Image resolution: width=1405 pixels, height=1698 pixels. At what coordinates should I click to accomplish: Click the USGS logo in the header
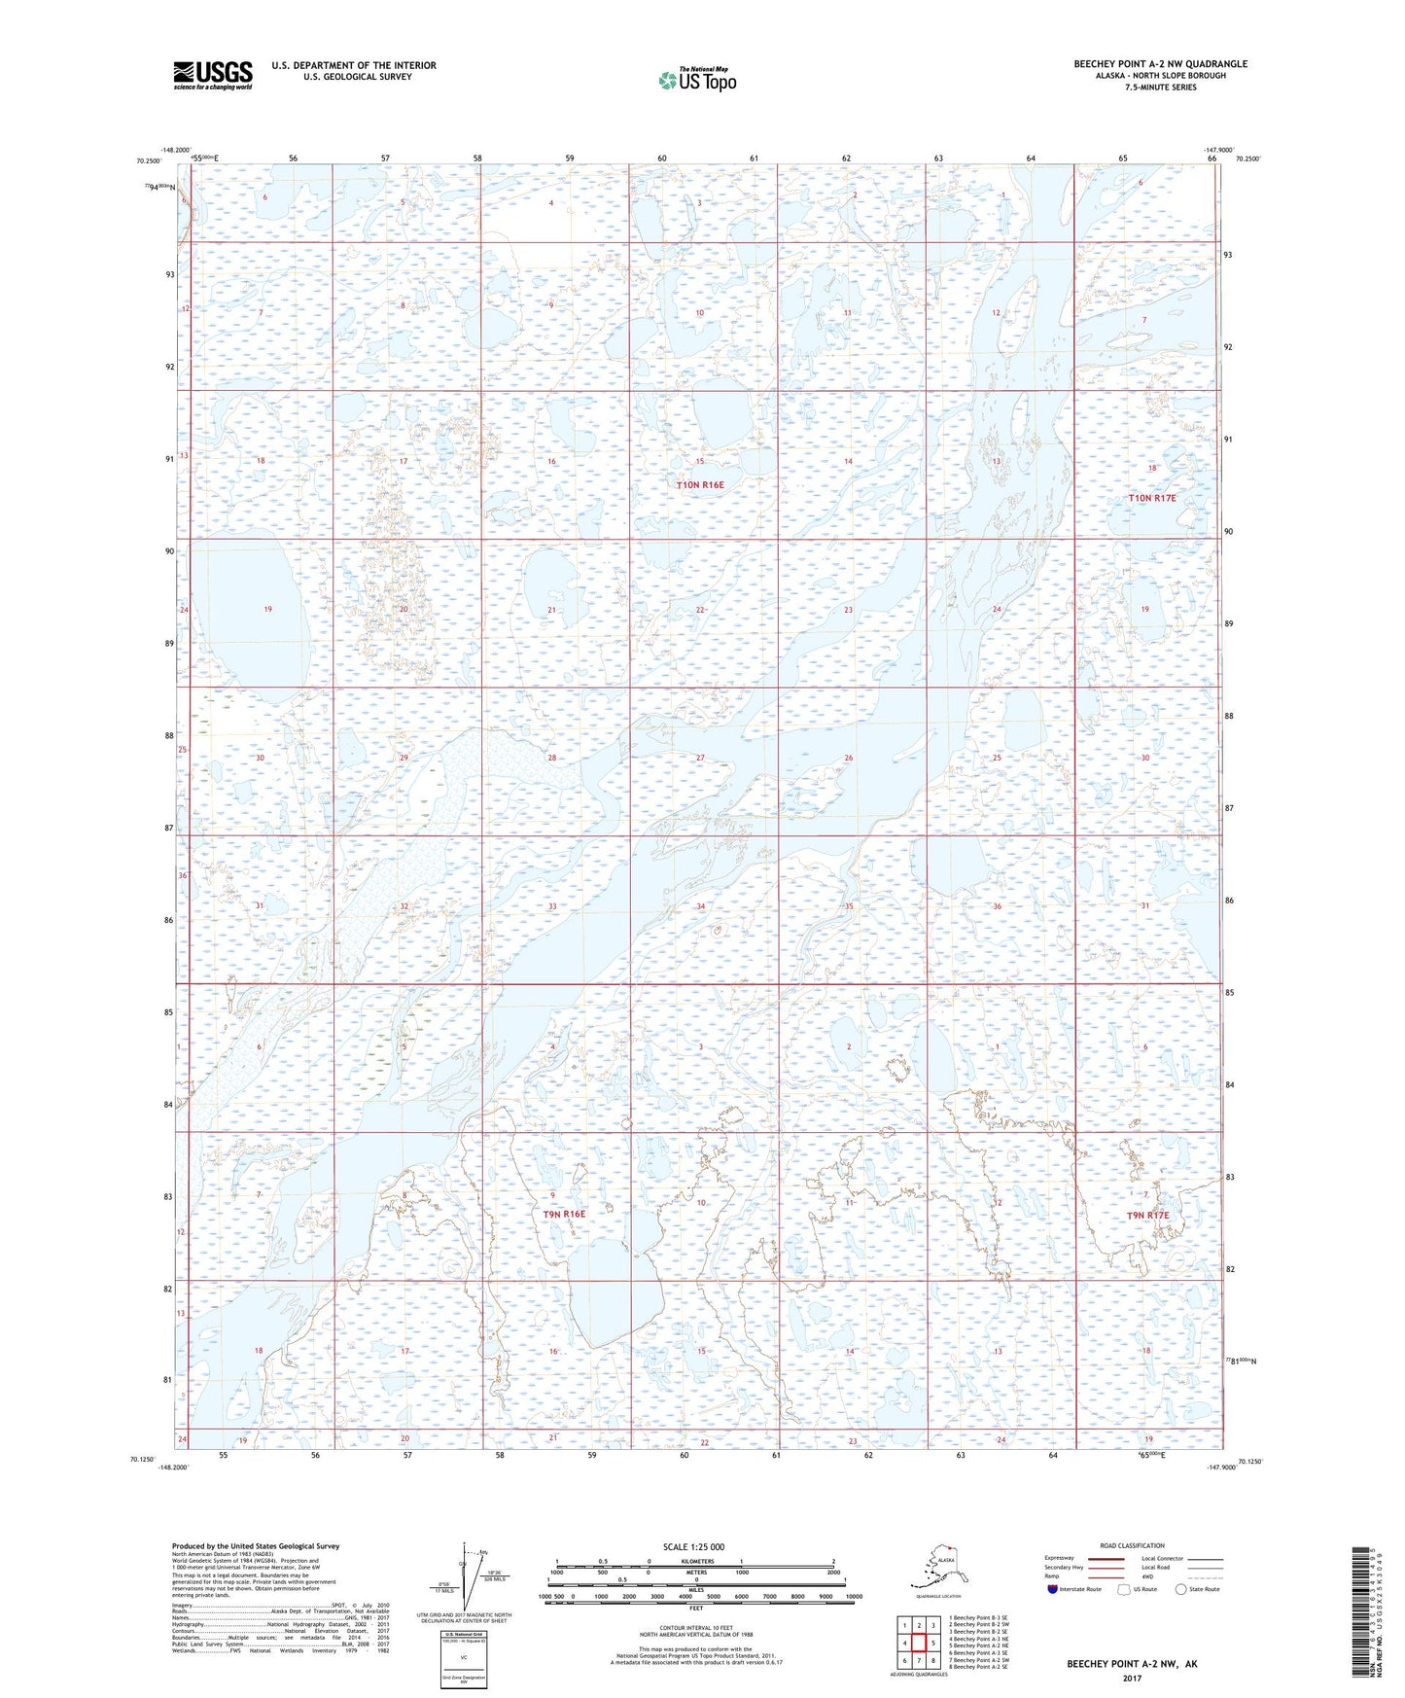click(x=212, y=75)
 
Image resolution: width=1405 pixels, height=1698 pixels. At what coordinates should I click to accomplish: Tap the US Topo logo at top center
click(x=696, y=80)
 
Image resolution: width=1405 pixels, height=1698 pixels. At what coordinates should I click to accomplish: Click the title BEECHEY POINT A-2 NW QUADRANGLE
click(x=1160, y=64)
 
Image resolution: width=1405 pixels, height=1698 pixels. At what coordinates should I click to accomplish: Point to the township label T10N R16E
click(x=700, y=484)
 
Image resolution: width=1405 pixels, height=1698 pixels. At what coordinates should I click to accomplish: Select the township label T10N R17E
click(x=1152, y=498)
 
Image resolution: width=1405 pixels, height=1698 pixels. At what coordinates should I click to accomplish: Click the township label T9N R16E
click(x=564, y=1214)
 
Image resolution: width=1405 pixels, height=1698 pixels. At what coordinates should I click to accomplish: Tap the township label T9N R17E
click(x=1147, y=1216)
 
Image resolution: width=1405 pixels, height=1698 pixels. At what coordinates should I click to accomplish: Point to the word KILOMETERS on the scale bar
click(x=694, y=1562)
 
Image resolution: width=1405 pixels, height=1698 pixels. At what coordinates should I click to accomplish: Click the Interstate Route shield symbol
click(x=1052, y=1589)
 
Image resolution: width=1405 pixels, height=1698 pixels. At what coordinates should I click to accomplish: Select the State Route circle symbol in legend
click(x=1180, y=1589)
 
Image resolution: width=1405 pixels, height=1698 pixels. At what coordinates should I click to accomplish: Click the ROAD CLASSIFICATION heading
click(x=1133, y=1545)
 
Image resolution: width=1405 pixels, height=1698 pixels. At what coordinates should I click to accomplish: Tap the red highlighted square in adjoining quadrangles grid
click(x=919, y=1643)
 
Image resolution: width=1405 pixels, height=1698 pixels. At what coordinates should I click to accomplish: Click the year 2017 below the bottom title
click(x=1132, y=1678)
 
